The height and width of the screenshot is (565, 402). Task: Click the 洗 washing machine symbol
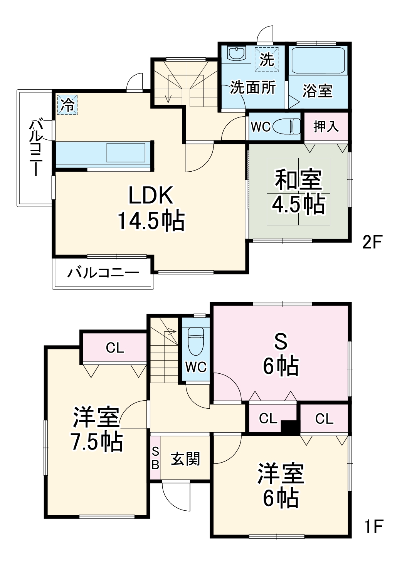pos(267,59)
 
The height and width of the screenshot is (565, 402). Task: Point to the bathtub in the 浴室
pos(318,61)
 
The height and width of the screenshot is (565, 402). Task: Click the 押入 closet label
pos(326,127)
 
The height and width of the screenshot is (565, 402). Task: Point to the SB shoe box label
pos(155,458)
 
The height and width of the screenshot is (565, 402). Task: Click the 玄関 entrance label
pos(185,459)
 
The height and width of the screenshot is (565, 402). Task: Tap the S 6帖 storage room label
pos(281,354)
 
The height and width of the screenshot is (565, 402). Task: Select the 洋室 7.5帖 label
pos(97,429)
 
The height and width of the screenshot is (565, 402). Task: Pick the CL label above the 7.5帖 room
pos(115,348)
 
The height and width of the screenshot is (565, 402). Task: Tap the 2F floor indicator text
pos(372,242)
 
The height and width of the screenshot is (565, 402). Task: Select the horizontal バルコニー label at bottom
pos(103,273)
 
